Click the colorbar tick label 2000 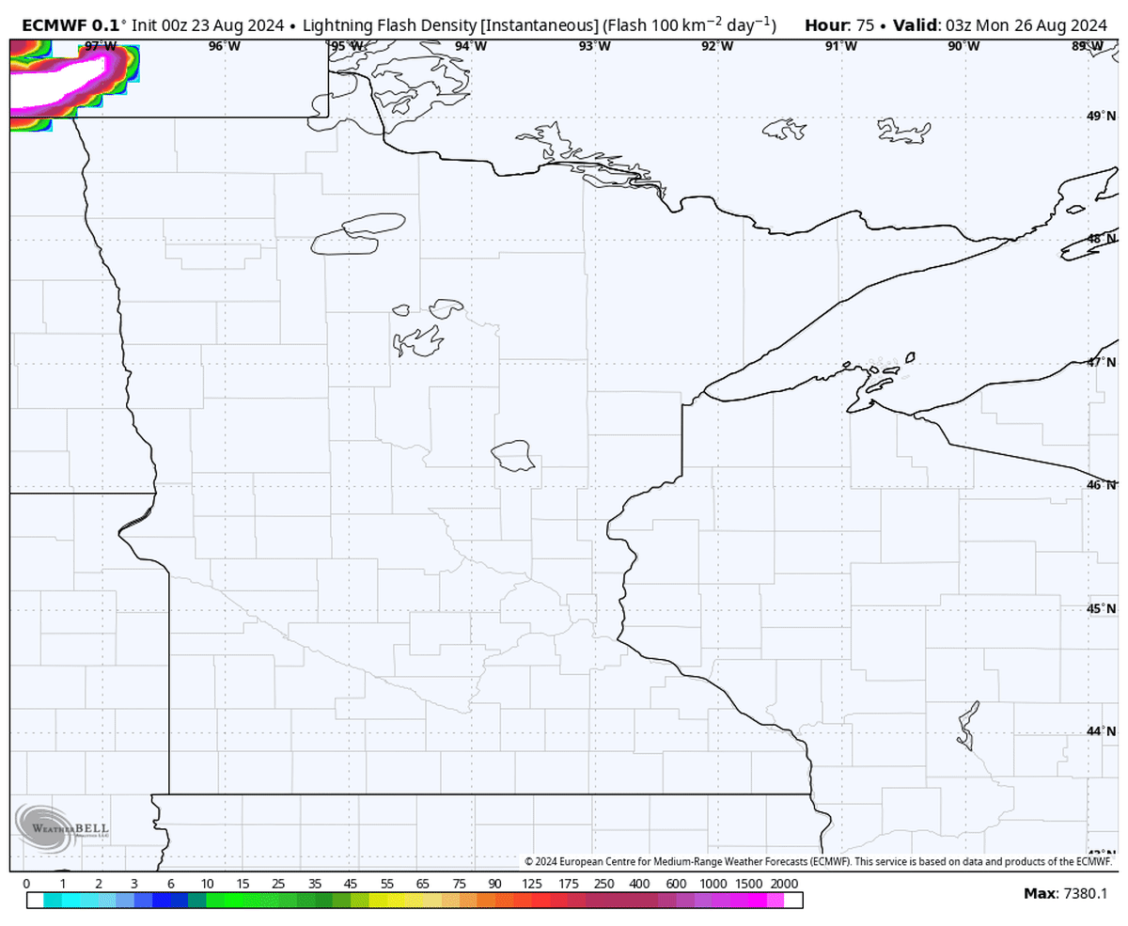coord(783,885)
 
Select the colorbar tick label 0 coord(25,885)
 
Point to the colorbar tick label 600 coord(675,885)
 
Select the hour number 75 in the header coord(867,24)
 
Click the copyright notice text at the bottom coord(818,861)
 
